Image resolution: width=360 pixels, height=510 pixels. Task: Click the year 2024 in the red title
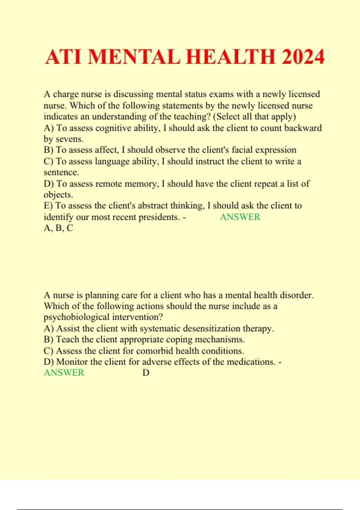point(303,57)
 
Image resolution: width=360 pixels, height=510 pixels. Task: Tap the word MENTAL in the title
point(134,57)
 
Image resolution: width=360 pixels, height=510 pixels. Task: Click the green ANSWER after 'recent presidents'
point(240,217)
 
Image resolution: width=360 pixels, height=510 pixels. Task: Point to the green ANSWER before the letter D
point(64,373)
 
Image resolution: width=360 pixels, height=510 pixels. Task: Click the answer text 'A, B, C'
point(58,228)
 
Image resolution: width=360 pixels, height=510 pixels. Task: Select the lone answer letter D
point(146,373)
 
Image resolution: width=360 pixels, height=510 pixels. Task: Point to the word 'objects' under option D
point(58,195)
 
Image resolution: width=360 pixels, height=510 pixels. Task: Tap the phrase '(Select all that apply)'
point(254,116)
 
